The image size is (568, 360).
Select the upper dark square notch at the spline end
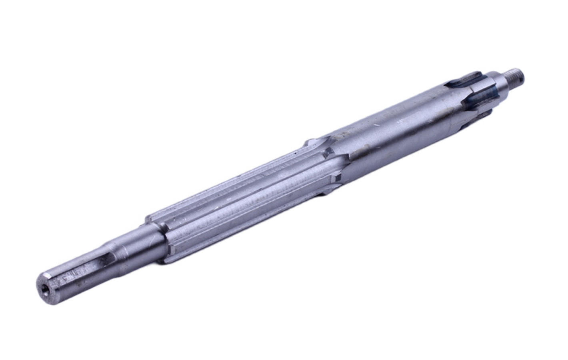point(329,152)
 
